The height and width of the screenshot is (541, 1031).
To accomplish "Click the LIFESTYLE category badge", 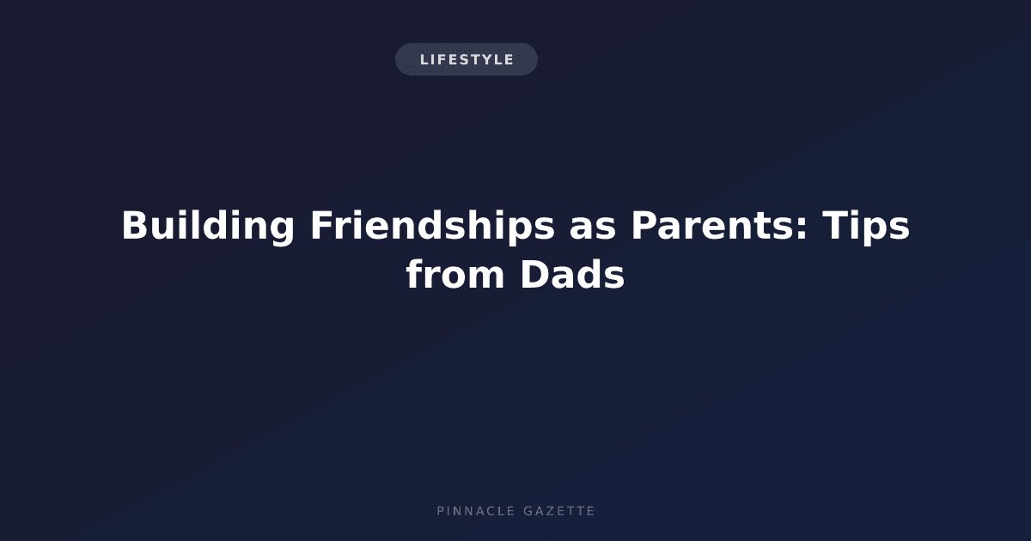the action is (x=467, y=59).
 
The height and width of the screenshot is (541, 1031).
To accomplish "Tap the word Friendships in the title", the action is (x=432, y=225).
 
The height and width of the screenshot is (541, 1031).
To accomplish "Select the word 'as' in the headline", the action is (x=592, y=228).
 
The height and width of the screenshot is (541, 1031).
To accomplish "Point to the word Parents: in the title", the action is (x=719, y=225).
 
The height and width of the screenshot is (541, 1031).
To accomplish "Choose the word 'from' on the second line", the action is (x=454, y=275).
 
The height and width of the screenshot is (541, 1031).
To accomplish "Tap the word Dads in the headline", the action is (x=572, y=275).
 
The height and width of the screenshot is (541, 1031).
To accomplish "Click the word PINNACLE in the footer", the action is (x=475, y=511).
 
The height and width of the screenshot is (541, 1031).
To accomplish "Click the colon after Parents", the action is (x=802, y=228).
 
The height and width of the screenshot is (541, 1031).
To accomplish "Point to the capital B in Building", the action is (x=135, y=225).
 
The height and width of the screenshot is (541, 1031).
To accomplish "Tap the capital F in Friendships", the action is (x=322, y=225).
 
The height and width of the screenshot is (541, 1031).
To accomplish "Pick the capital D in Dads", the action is (x=534, y=275).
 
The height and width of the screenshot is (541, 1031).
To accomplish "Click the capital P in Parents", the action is (x=644, y=225).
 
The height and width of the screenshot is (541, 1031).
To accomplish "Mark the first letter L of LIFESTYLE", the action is (x=424, y=59).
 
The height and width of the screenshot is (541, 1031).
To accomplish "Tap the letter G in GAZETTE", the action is (x=528, y=511).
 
